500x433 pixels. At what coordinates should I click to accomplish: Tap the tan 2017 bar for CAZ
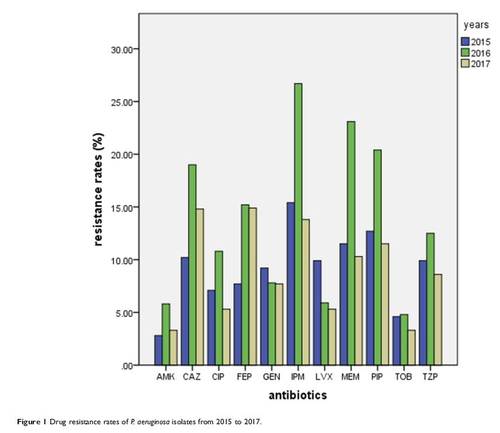pyautogui.click(x=200, y=287)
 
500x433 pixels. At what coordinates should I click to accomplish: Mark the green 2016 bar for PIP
pyautogui.click(x=378, y=257)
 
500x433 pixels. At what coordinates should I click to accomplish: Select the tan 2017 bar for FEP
pyautogui.click(x=252, y=287)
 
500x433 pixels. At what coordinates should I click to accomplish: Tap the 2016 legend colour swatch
pyautogui.click(x=466, y=53)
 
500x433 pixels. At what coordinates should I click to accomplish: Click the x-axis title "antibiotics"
pyautogui.click(x=297, y=396)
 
